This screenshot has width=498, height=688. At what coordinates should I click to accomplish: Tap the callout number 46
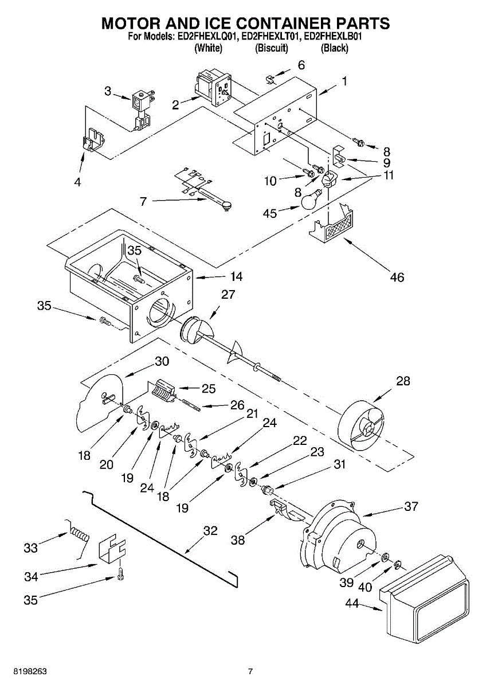pyautogui.click(x=397, y=277)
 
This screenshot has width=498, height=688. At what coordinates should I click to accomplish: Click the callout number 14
pyautogui.click(x=236, y=276)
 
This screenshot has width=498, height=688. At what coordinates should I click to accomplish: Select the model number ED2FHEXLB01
pyautogui.click(x=334, y=36)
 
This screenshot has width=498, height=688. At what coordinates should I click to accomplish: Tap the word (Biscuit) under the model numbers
pyautogui.click(x=271, y=48)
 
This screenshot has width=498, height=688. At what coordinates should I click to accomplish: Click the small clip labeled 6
pyautogui.click(x=273, y=76)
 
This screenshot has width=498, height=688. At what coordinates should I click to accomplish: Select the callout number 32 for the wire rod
pyautogui.click(x=210, y=531)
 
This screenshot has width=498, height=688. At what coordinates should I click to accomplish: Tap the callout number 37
pyautogui.click(x=411, y=506)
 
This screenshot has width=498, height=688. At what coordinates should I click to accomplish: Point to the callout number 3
pyautogui.click(x=108, y=90)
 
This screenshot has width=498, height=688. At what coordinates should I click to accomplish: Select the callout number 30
pyautogui.click(x=162, y=361)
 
